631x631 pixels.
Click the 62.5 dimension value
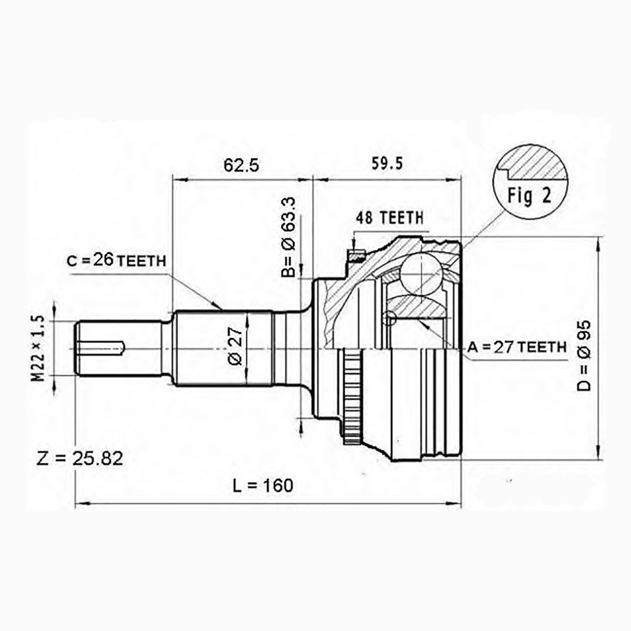coord(241,166)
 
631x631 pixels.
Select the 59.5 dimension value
coord(386,164)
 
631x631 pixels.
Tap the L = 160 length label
coord(262,485)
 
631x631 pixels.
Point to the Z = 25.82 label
coord(79,458)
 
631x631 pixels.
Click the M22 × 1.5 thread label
coord(38,349)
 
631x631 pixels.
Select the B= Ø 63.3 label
coord(289,237)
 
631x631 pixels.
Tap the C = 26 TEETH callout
coord(117,261)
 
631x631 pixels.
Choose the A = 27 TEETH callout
coord(517,347)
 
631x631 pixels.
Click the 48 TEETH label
coord(390,218)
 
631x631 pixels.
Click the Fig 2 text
coord(530,196)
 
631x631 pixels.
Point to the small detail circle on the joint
coord(389,318)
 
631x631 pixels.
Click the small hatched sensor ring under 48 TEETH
coord(356,256)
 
